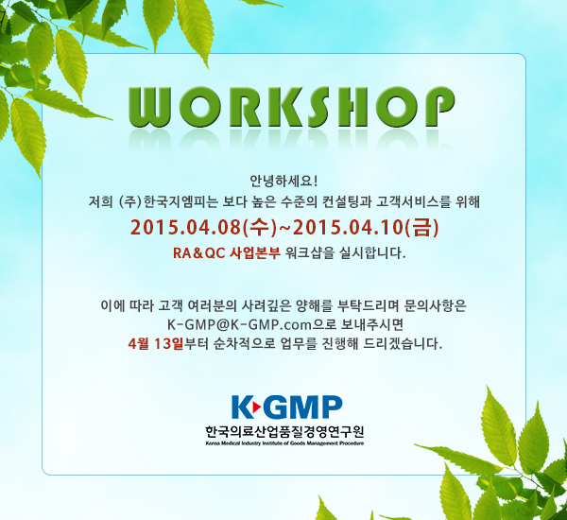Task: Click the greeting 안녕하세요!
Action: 283,181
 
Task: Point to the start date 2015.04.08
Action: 185,228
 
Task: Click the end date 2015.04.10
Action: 348,228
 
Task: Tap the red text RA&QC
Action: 198,253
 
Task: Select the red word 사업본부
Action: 255,252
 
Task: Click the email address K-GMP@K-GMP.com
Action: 239,324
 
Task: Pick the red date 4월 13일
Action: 156,343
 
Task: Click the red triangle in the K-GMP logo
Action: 256,407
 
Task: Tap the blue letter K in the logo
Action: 242,407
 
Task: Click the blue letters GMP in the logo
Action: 302,407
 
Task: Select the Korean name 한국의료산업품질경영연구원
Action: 284,431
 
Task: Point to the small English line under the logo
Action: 284,443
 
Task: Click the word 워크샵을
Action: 309,252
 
